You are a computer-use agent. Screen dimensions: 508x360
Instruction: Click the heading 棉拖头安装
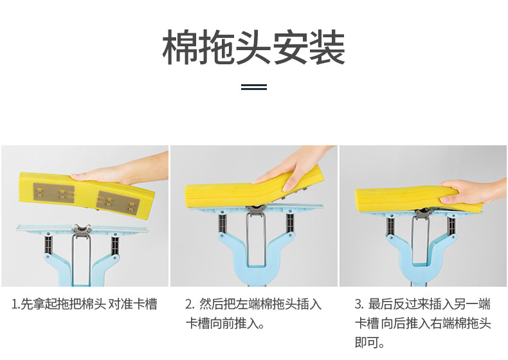point(253,48)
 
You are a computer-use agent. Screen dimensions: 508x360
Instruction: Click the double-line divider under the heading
point(254,87)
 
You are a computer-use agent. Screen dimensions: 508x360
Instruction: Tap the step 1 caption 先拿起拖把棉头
point(63,304)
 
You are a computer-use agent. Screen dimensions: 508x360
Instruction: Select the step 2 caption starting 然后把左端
point(253,314)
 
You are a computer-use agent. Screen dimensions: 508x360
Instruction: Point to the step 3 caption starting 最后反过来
point(422,323)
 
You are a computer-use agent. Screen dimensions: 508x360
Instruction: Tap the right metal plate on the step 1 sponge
point(118,201)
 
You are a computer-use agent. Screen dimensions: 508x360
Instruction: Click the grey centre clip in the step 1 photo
point(81,230)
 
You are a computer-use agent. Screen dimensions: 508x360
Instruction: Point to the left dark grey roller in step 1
point(48,246)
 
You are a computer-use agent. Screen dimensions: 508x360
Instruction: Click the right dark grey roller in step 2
point(290,223)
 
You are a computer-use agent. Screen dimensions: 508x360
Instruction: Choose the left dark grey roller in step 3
point(391,227)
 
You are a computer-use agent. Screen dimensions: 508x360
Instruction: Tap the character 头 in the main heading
point(253,48)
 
